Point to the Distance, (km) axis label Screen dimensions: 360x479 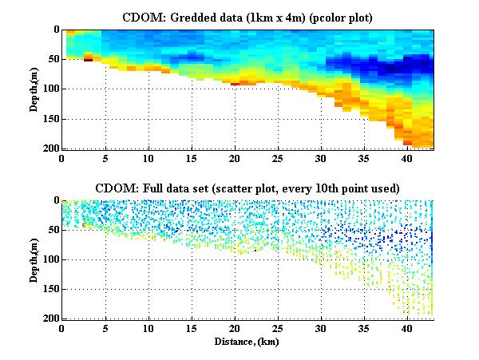click(x=247, y=342)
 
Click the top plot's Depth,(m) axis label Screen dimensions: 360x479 click(x=36, y=89)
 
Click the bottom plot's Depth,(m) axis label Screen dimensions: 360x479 click(x=36, y=259)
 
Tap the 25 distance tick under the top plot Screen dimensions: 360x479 click(x=277, y=158)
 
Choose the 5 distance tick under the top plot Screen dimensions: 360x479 click(x=105, y=158)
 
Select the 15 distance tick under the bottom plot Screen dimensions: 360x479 click(x=192, y=329)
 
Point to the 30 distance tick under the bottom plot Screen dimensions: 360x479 click(x=320, y=329)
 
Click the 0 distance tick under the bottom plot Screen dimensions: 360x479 click(x=62, y=329)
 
